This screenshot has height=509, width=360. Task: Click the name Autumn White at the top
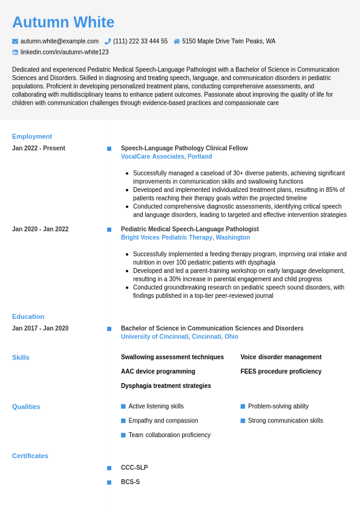pos(63,22)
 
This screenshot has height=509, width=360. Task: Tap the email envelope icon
pos(15,41)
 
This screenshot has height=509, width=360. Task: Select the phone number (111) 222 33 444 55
pos(140,41)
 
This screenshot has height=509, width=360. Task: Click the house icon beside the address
pos(177,41)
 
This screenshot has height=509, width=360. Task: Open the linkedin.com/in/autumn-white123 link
pos(64,52)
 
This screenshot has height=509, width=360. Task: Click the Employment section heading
pos(32,136)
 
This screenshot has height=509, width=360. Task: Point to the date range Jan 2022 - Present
pos(39,148)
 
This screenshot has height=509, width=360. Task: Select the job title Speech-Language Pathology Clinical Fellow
pos(184,148)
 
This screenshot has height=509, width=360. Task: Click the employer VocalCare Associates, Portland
pos(166,157)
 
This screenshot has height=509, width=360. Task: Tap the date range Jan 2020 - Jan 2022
pos(41,229)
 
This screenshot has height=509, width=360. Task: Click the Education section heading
pos(28,317)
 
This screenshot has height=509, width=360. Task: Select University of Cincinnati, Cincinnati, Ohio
pos(179,337)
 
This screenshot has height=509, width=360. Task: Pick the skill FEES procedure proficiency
pos(281,372)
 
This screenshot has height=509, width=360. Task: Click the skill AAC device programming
pos(158,372)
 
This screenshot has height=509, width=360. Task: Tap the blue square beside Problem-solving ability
pos(243,407)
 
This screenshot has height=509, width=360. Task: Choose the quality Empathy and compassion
pos(163,421)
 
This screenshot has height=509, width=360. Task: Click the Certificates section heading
pos(30,456)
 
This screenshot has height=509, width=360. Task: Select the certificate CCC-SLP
pos(134,468)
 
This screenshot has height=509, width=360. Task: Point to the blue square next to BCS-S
pos(110,482)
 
